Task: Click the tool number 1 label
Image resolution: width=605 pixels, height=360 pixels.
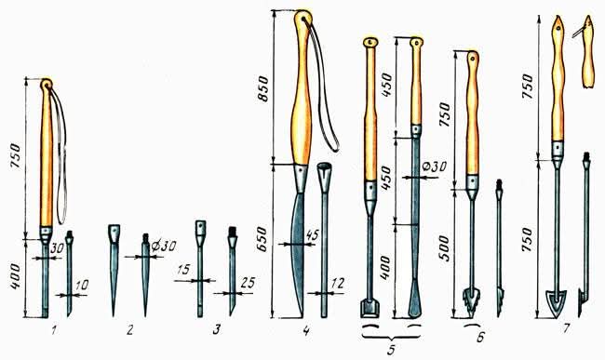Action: (54, 330)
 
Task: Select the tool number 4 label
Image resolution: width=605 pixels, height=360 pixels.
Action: (306, 330)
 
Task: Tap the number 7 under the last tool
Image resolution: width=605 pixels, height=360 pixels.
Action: (566, 328)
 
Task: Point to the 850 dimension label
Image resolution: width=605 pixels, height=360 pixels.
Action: (263, 88)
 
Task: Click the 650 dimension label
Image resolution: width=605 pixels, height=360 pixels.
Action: (262, 239)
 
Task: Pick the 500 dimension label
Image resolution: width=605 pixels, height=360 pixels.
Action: (444, 248)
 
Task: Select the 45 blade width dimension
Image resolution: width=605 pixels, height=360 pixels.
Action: (312, 234)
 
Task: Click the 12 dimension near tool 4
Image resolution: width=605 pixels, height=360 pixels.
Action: (337, 284)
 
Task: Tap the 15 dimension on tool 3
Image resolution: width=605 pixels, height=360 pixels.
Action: (183, 270)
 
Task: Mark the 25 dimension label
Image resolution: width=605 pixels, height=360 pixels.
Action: (248, 283)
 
